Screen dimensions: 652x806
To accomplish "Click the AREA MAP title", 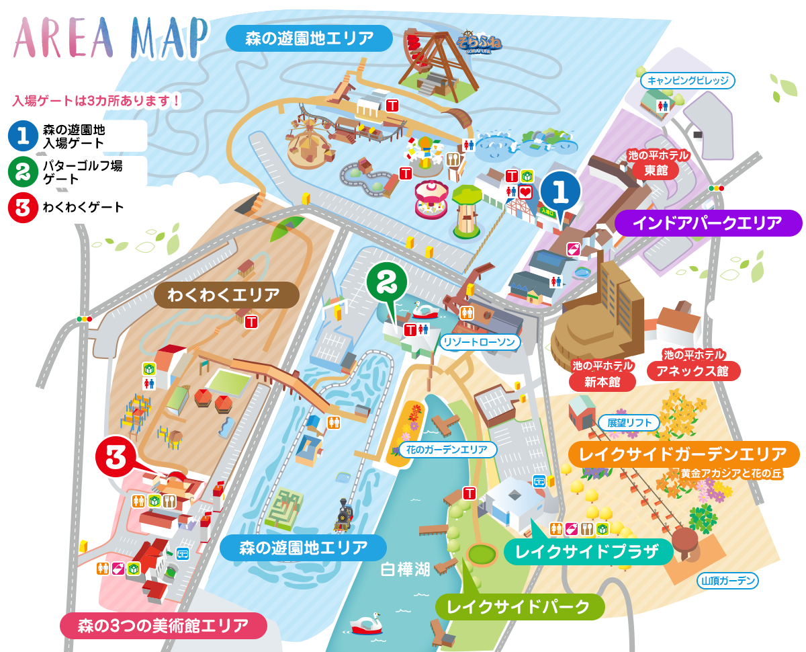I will (x=111, y=38).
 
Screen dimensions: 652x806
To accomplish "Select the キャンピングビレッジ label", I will (x=688, y=81).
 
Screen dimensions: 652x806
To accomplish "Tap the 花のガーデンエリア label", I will (x=447, y=450).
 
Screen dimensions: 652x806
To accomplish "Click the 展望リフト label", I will (x=629, y=423).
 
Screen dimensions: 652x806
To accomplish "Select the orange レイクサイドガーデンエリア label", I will (x=684, y=454).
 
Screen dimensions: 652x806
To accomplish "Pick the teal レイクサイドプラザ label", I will (x=588, y=553).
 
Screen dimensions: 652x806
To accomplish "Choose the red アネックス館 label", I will (x=694, y=370).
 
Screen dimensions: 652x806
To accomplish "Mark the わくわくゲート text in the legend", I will (x=83, y=207).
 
